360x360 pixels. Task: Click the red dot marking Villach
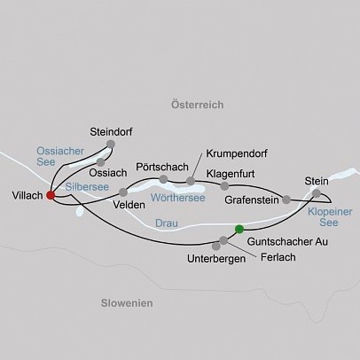[x=51, y=195]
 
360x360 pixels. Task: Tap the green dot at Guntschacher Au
[x=239, y=230]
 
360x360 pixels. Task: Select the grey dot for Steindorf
[x=111, y=144]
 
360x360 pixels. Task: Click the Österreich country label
[x=195, y=106]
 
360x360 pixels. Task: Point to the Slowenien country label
[x=121, y=303]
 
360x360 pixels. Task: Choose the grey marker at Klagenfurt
[x=224, y=186]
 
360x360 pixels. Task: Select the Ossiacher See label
[x=59, y=157]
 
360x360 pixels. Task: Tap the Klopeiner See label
[x=329, y=218]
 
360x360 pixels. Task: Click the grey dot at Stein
[x=317, y=192]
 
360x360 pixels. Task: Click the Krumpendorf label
[x=235, y=153]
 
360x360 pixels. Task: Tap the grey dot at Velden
[x=124, y=191]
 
